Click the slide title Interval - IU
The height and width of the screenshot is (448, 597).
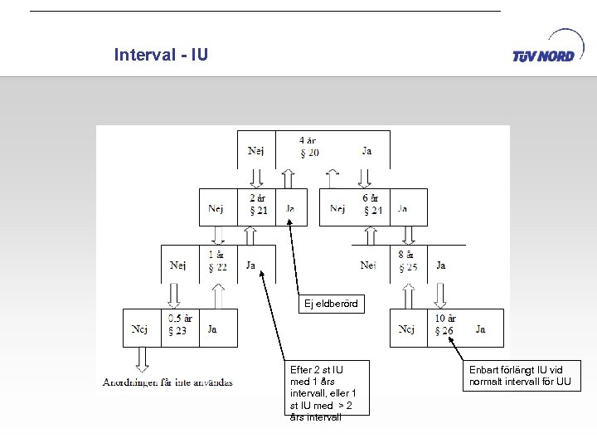coord(161,56)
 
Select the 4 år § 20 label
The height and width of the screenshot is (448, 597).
coord(308,147)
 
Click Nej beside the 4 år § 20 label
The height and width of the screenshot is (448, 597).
coord(256,151)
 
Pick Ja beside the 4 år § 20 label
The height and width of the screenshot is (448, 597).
coord(366,151)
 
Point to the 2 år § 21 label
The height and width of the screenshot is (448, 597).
coord(257,204)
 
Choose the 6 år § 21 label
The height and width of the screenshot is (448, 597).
coord(371,204)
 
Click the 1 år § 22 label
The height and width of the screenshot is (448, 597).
coord(217,261)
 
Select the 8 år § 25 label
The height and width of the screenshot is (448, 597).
coord(407,261)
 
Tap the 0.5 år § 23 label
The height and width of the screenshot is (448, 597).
coord(180,324)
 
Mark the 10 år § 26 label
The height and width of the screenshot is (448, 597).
coord(445,324)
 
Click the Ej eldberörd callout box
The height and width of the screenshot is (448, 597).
coord(331,304)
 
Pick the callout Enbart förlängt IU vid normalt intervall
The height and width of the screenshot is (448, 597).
coord(521,376)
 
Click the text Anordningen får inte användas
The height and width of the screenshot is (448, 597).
coord(168,382)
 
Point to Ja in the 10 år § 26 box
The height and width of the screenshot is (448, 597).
coord(481,329)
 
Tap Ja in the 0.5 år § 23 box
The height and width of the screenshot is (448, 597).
coord(212,329)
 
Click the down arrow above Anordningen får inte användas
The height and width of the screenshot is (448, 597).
coord(142,358)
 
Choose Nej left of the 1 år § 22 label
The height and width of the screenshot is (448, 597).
coord(178,265)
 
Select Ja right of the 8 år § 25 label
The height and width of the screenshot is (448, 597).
coord(440,265)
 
